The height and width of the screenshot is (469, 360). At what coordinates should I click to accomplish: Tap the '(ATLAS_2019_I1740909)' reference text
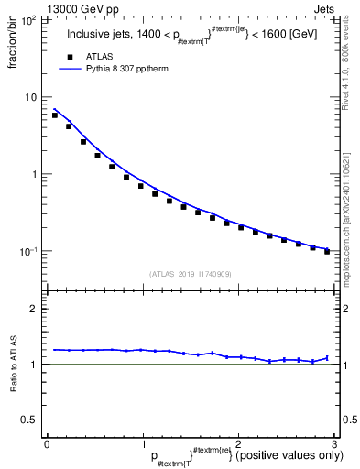[x=190, y=273]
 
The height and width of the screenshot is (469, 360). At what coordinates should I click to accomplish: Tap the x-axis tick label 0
[x=47, y=443]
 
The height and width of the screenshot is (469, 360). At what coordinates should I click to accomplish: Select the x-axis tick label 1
[x=142, y=443]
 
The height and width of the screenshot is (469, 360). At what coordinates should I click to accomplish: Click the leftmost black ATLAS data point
[x=55, y=115]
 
